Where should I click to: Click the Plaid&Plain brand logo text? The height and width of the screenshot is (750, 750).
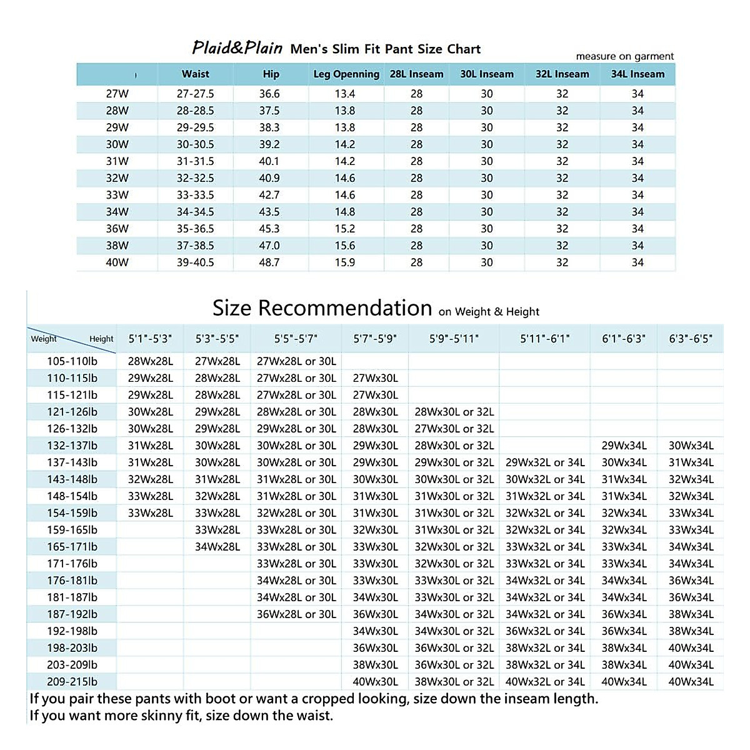237,48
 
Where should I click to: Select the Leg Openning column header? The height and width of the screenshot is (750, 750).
346,74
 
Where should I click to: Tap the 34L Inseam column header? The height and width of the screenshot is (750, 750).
637,74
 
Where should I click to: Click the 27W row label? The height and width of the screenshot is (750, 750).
117,94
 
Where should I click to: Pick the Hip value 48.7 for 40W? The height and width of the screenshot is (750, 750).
269,262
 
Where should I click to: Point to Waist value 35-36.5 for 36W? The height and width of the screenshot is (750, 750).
195,229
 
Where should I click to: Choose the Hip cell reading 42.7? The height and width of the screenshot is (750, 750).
269,195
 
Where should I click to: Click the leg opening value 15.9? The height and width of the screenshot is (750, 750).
345,262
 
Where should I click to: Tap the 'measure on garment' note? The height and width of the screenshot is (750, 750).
624,56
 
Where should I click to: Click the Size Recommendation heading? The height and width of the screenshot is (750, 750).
322,308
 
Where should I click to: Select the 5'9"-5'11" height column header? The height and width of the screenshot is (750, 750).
454,339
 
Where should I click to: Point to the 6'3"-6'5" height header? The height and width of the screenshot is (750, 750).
691,339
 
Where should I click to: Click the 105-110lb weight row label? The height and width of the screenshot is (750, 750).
72,361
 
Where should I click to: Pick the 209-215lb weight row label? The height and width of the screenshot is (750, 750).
72,682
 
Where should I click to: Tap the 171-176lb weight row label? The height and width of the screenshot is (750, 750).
72,564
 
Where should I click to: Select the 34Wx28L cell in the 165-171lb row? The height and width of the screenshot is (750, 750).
217,547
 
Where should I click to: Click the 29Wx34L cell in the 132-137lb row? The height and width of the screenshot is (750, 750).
624,446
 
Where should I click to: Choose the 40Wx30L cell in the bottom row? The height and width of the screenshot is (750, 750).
375,682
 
